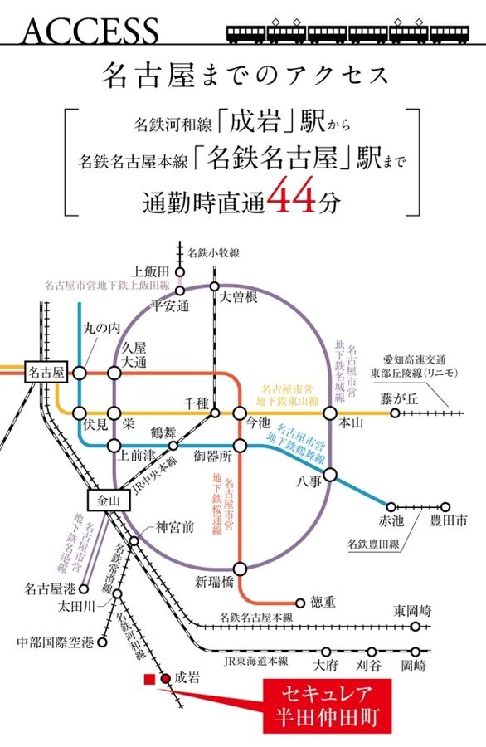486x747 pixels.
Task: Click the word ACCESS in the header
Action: [x=90, y=31]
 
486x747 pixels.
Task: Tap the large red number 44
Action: [x=292, y=195]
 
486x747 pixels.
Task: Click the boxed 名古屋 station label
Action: [x=46, y=373]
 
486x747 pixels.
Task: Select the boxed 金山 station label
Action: [x=109, y=500]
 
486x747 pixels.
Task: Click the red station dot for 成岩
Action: [x=166, y=678]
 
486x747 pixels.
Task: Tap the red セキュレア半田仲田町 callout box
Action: [x=328, y=705]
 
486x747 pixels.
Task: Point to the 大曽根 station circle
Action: [x=215, y=286]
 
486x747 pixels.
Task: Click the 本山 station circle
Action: [x=330, y=413]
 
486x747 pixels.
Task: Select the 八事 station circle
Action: [x=330, y=475]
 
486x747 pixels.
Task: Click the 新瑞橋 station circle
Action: [x=240, y=569]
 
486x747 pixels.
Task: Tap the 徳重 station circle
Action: [x=300, y=603]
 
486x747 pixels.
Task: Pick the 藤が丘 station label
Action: [x=399, y=398]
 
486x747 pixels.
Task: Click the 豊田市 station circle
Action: [x=445, y=507]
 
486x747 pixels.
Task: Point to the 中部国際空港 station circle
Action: [x=102, y=642]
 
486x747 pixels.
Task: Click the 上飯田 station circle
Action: [x=180, y=272]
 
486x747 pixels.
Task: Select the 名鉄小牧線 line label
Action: [x=214, y=252]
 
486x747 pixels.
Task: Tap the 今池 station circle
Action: [x=240, y=413]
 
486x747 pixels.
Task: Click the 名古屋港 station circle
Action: [x=84, y=588]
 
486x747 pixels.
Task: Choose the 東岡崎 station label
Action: [x=412, y=610]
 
